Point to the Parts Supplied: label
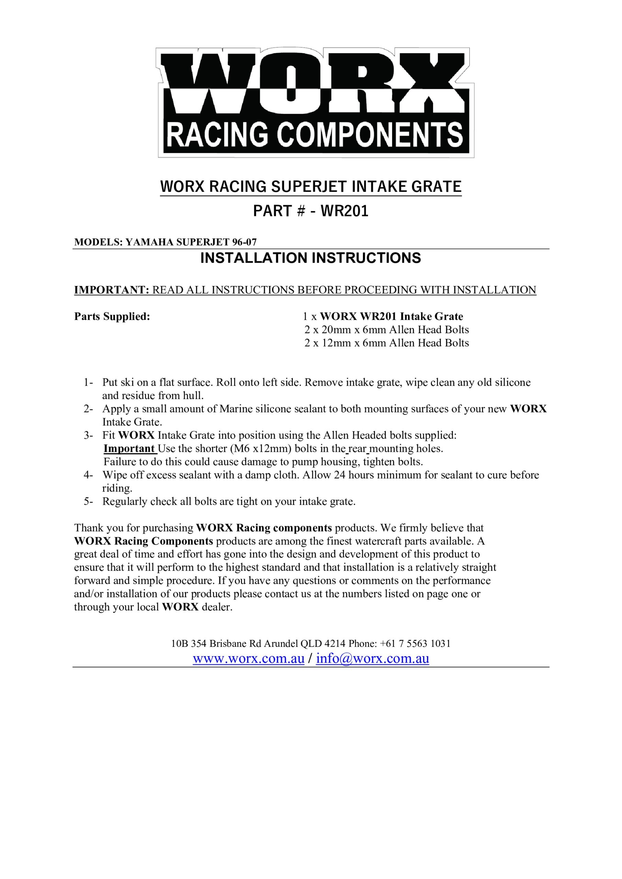click(112, 317)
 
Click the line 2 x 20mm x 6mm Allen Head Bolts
click(386, 330)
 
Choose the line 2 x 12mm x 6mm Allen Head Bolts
click(386, 343)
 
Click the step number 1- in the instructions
click(89, 383)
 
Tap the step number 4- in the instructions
click(89, 475)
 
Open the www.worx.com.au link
click(248, 659)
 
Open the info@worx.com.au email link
click(372, 659)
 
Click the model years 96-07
click(244, 242)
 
